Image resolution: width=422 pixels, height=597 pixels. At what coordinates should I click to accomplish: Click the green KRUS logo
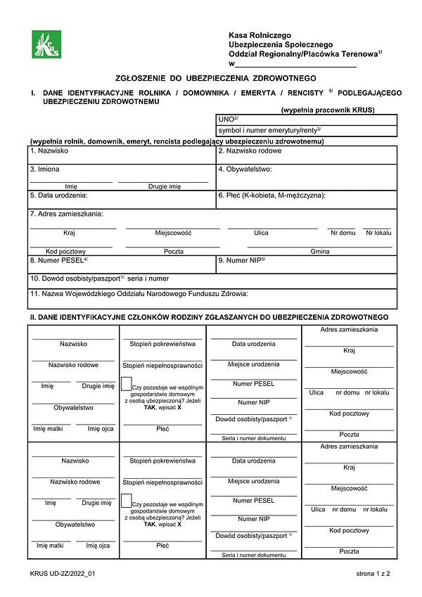[x=46, y=44]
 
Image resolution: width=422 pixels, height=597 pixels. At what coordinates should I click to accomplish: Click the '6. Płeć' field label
[x=271, y=195]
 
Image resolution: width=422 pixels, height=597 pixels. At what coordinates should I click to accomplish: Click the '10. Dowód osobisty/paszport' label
[x=99, y=278]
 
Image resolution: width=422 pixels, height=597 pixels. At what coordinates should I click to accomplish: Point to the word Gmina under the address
[x=320, y=251]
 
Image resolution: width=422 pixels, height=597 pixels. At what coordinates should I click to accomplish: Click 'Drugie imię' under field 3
[x=164, y=186]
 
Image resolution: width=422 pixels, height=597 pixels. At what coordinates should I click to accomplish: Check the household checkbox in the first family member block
[x=126, y=384]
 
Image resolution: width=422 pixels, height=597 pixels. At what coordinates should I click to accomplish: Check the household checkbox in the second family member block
[x=126, y=501]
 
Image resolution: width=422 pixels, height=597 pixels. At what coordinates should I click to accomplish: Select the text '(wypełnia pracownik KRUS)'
[x=328, y=110]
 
